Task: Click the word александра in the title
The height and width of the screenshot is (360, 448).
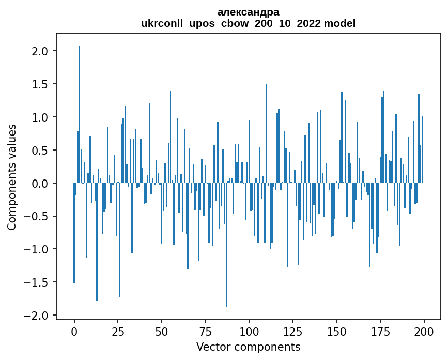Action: (248, 12)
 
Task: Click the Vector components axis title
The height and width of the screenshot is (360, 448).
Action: (248, 347)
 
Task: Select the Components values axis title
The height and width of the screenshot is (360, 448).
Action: (12, 177)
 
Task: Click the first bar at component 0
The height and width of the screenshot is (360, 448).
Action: (74, 233)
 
